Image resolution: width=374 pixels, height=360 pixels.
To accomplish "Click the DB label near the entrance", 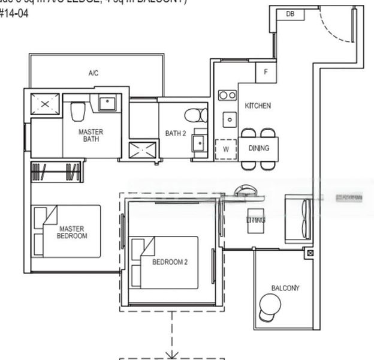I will [290, 14].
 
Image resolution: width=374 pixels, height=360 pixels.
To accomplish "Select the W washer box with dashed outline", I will [226, 148].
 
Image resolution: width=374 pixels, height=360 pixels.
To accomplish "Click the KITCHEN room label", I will [258, 106].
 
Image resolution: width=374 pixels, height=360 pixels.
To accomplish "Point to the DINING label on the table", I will [259, 148].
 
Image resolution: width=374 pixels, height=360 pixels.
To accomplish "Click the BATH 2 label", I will [176, 133].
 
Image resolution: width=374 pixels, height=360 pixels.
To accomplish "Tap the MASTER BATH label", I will [91, 136].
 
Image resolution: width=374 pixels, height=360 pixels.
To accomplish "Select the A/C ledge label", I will [93, 73].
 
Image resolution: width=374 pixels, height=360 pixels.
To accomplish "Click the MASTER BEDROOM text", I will [71, 232].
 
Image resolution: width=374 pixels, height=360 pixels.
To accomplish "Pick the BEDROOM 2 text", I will [170, 262].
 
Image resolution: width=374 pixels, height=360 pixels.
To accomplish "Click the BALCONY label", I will [285, 288].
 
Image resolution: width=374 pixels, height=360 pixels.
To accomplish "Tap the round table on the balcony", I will [270, 307].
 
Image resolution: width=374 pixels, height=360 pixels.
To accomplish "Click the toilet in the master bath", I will [78, 111].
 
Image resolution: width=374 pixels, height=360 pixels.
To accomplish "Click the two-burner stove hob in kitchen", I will [227, 95].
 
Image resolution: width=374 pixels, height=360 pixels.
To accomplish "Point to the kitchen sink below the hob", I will [229, 119].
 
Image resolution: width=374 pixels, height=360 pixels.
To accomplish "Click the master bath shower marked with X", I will [45, 104].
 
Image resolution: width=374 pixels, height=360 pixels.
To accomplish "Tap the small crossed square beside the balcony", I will [309, 253].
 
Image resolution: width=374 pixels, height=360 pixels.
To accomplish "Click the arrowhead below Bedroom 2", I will [173, 355].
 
